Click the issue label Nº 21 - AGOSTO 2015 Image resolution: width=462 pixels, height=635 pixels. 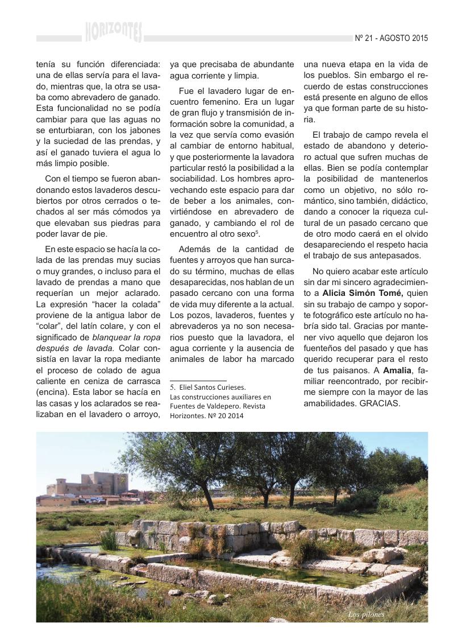tap(391, 39)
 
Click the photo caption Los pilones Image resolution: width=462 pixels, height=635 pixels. tap(366, 615)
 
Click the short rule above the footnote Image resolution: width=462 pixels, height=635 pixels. tap(198, 380)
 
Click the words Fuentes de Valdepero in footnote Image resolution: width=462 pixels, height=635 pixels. tap(201, 406)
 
